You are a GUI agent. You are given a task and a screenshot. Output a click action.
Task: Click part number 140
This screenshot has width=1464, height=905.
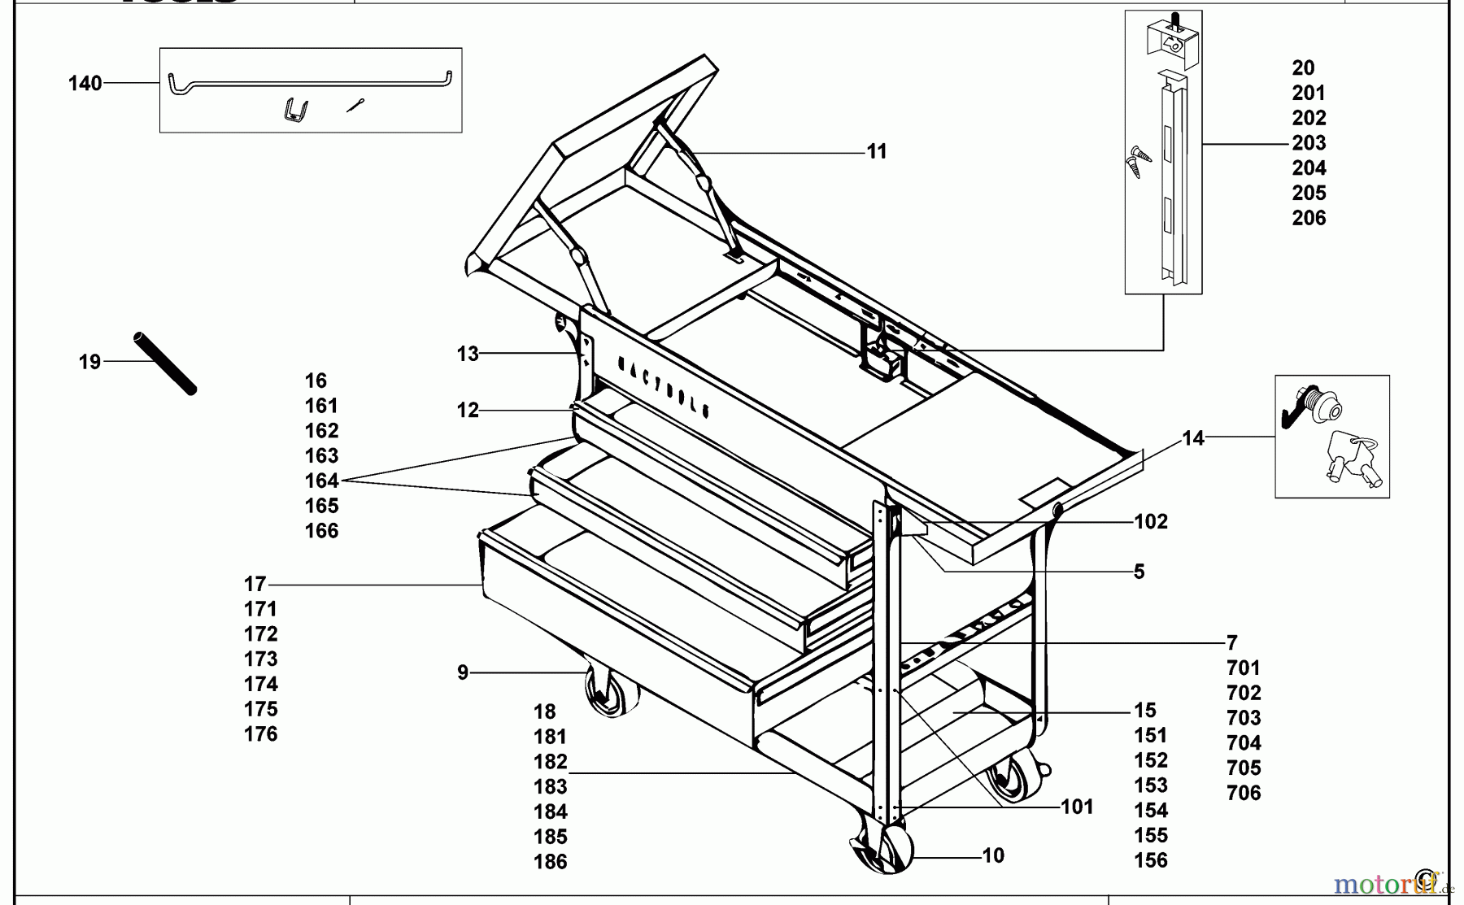click(x=85, y=83)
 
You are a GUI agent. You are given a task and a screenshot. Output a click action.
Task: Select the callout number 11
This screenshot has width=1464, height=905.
click(x=876, y=151)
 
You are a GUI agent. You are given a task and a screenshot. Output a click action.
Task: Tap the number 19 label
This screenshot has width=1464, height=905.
click(x=89, y=361)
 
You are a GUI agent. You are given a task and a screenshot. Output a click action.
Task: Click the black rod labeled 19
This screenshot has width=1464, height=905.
click(x=165, y=363)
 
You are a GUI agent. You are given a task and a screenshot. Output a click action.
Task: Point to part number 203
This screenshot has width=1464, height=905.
click(x=1309, y=143)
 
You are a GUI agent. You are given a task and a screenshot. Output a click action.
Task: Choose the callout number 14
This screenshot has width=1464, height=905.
click(x=1192, y=438)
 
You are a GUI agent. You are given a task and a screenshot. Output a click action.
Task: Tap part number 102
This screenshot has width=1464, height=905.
click(x=1151, y=521)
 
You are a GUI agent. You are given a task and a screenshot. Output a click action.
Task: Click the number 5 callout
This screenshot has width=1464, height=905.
click(x=1139, y=572)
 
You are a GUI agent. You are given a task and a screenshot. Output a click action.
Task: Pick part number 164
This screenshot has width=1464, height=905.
click(x=321, y=481)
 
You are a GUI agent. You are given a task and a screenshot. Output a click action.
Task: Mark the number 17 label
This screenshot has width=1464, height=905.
click(x=255, y=584)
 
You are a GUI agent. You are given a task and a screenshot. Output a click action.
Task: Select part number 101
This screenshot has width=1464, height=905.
click(x=1077, y=807)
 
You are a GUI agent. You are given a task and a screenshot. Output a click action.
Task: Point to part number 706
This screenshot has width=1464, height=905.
click(x=1244, y=793)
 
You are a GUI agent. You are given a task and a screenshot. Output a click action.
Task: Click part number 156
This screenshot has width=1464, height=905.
click(x=1151, y=859)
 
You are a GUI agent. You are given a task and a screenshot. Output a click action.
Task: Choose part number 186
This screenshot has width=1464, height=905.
click(x=551, y=861)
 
